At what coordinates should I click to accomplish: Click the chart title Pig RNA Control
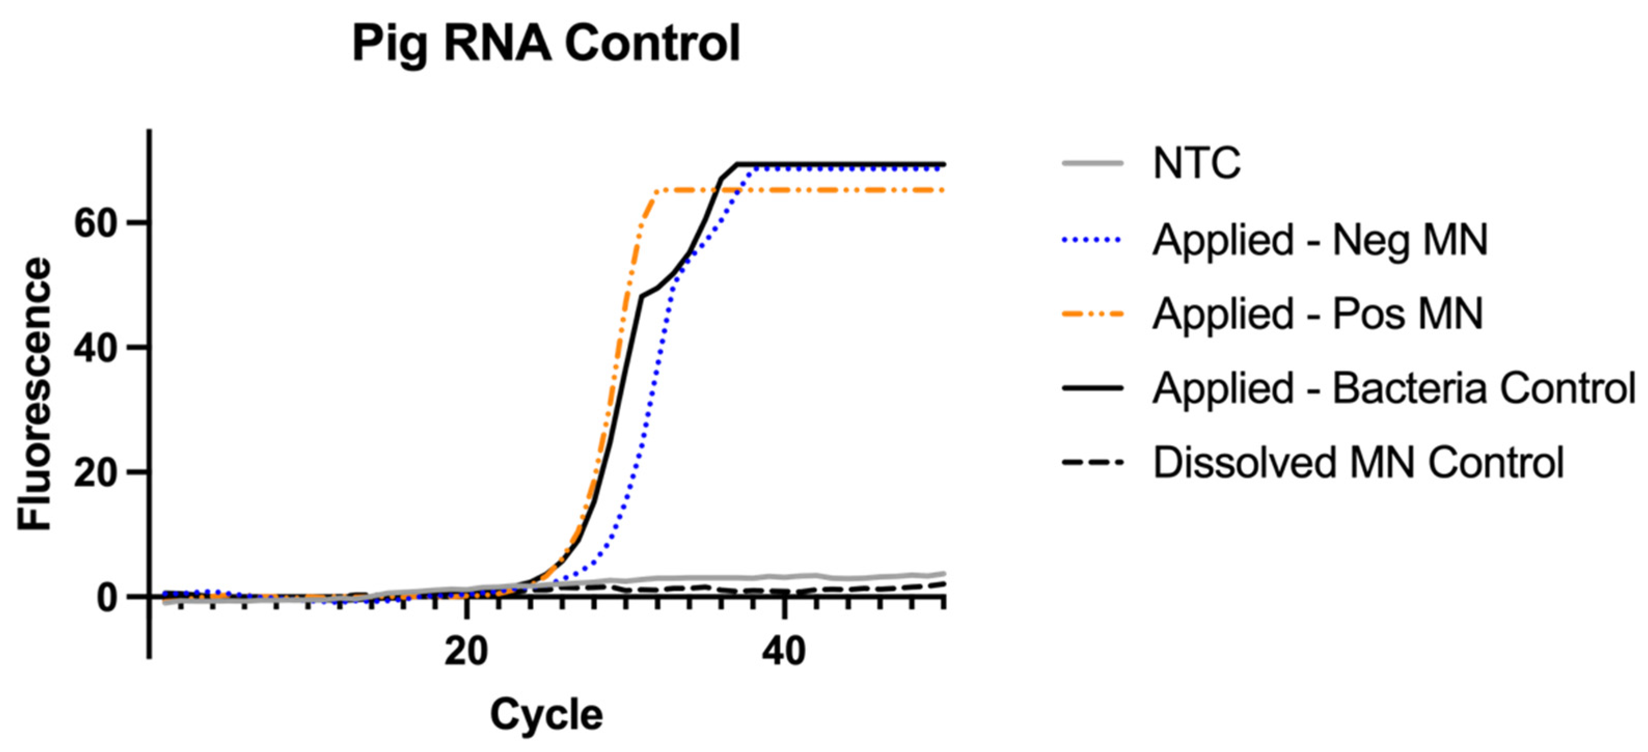pos(546,44)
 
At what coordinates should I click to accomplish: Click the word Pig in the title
pos(390,45)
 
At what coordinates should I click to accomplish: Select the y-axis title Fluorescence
pos(34,395)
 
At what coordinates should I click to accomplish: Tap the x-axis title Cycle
pos(546,714)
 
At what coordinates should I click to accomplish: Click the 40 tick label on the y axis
pos(100,348)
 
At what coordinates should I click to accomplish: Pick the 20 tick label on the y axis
pos(100,472)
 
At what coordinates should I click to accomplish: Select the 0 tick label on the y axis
pos(112,597)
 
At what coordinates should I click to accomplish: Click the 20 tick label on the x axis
pos(466,652)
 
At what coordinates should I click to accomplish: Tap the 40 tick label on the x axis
pos(785,652)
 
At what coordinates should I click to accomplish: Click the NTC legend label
pos(1197,164)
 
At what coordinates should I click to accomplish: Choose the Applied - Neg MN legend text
pos(1321,241)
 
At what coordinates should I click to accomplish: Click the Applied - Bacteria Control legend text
pos(1393,388)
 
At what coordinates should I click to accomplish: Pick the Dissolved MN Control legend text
pos(1358,462)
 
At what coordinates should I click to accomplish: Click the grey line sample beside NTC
pos(1093,164)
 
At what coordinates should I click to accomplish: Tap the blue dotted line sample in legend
pos(1093,241)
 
